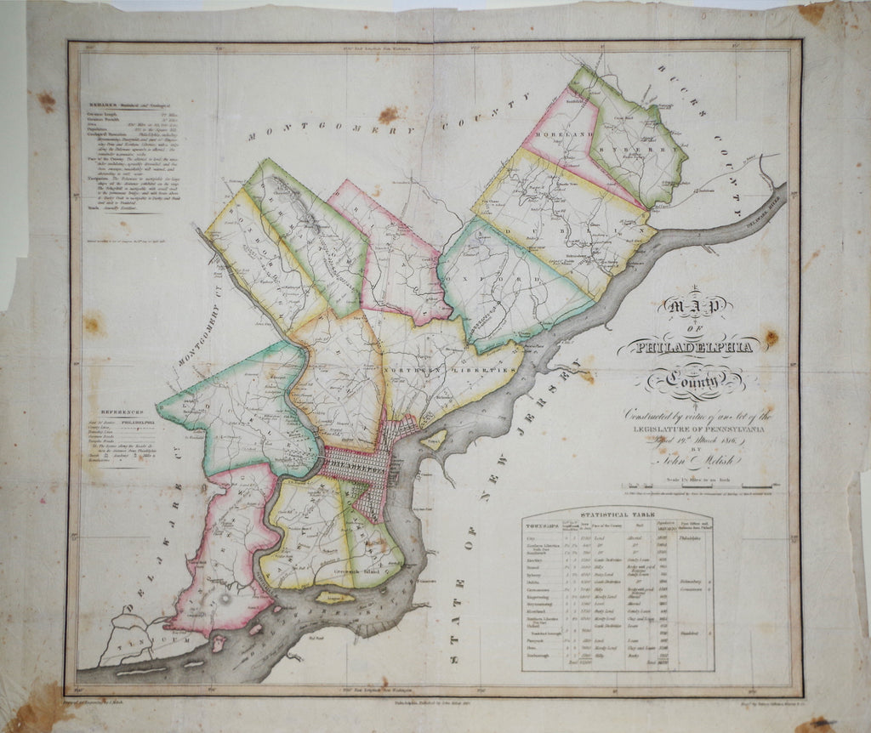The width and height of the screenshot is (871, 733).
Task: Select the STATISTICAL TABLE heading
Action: click(x=617, y=514)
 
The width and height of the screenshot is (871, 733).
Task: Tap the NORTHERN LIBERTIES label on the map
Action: click(x=451, y=372)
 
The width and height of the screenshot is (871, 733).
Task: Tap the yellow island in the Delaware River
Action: click(x=335, y=598)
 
